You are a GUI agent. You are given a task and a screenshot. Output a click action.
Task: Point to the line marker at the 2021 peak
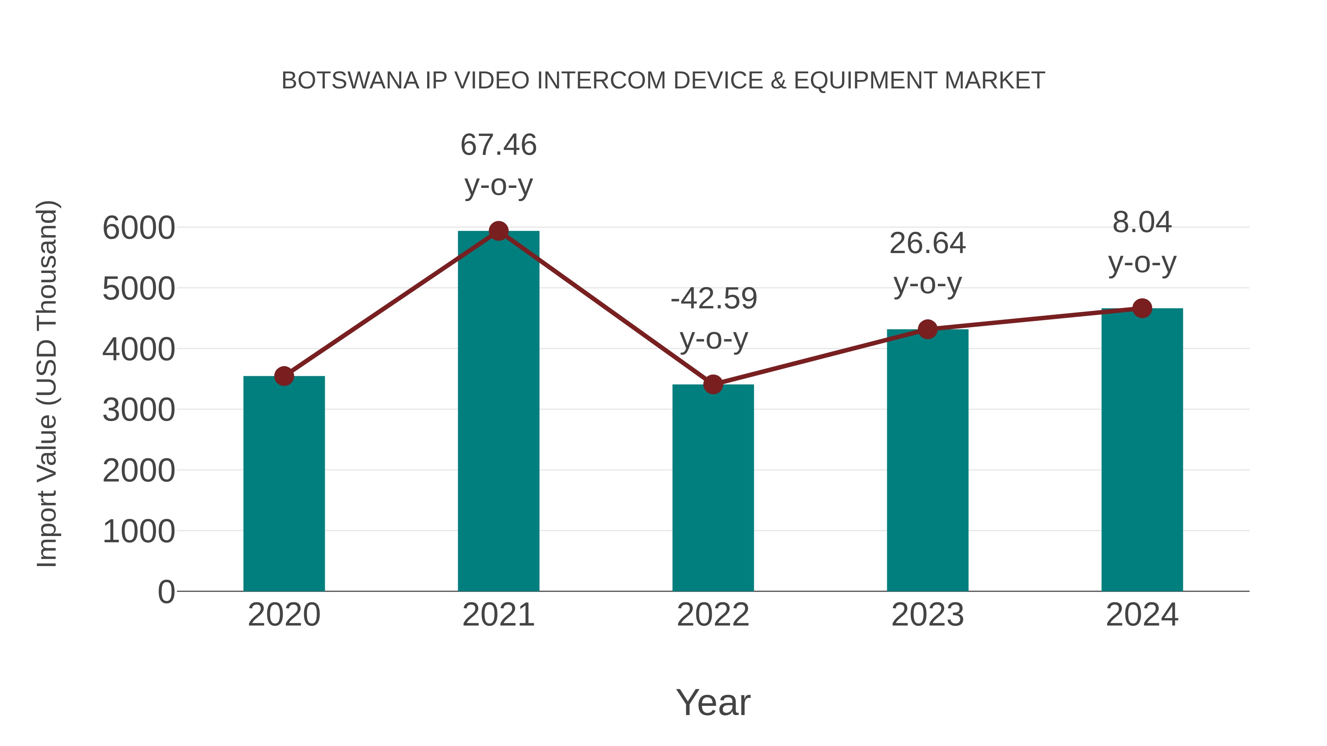[x=498, y=231]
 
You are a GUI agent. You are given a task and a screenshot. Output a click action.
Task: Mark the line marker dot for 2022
[x=713, y=384]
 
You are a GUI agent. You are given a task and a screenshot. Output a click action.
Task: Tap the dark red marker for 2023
[x=927, y=329]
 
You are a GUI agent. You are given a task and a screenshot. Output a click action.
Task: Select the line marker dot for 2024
[x=1142, y=308]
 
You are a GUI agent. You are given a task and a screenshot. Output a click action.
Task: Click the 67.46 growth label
[x=498, y=145]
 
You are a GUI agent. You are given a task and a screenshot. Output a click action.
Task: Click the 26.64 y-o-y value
[x=927, y=243]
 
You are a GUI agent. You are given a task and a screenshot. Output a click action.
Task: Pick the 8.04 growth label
[x=1142, y=223]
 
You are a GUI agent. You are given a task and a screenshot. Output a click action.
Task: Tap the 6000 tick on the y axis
[x=139, y=228]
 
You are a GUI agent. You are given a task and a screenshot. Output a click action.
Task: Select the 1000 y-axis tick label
[x=139, y=531]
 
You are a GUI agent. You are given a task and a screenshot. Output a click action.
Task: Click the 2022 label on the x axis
[x=713, y=615]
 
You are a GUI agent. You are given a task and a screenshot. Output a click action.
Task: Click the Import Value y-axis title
[x=48, y=383]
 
